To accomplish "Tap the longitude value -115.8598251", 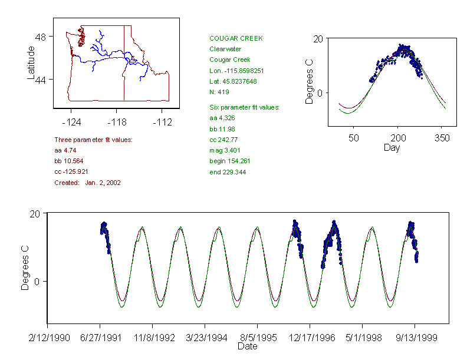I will coord(236,71).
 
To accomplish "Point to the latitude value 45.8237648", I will coord(233,81).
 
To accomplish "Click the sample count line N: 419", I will coord(219,92).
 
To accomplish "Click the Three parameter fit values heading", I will coord(93,140).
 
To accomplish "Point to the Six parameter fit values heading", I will coord(244,107).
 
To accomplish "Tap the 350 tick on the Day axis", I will coord(442,138).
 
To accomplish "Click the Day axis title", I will coord(392,147).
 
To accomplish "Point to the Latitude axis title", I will coord(31,63).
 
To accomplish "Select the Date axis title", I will coord(248,346).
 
